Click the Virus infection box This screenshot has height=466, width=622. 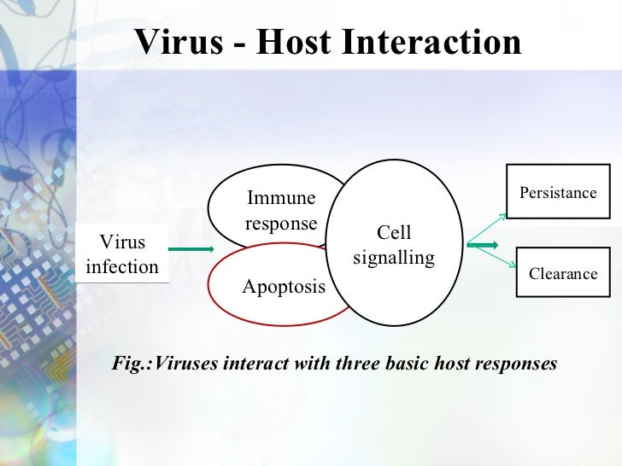pos(122,254)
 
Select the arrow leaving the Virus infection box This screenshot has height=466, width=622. pos(190,249)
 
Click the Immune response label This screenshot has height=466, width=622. pos(281,211)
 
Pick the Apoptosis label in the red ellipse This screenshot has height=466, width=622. pos(284,287)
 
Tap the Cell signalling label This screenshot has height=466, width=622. pos(394,245)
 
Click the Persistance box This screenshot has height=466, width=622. pos(558,193)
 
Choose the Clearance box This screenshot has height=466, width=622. pos(563,273)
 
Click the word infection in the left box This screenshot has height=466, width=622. pos(122,266)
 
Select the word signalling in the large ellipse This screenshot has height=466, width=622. pos(394,257)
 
